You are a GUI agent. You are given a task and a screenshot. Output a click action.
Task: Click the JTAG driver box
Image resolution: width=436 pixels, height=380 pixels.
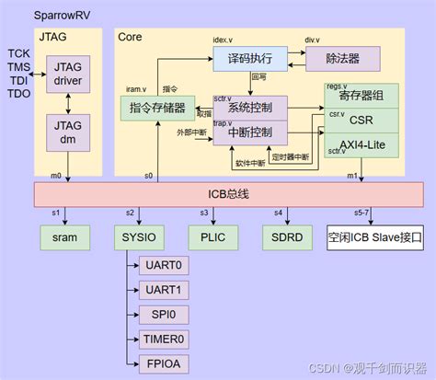[x=68, y=75]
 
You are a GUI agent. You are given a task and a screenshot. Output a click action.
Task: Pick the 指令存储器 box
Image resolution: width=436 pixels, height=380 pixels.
[x=157, y=109]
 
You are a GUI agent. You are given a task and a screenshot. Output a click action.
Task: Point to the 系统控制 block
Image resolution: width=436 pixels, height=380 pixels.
[x=250, y=109]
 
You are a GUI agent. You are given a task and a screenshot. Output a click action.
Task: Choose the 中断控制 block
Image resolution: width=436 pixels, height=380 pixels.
[x=250, y=132]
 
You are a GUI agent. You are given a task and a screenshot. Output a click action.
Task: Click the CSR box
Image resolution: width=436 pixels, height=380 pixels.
[x=361, y=119]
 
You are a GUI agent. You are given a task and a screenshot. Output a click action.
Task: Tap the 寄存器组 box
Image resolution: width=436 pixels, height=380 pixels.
[x=361, y=95]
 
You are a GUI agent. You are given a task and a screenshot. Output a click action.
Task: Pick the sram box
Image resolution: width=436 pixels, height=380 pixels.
[x=64, y=236]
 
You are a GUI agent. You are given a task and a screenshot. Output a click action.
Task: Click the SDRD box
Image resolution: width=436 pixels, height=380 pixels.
[x=284, y=236]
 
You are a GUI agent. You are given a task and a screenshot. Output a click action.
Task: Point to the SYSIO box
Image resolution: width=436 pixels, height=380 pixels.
[x=139, y=236]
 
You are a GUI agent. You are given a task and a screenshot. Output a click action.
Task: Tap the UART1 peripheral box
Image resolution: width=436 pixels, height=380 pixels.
[x=164, y=289]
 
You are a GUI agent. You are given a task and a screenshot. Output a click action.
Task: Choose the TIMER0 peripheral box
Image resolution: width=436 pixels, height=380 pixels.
[x=164, y=338]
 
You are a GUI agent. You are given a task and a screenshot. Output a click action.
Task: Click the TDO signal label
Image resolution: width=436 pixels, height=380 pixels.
[x=19, y=93]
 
